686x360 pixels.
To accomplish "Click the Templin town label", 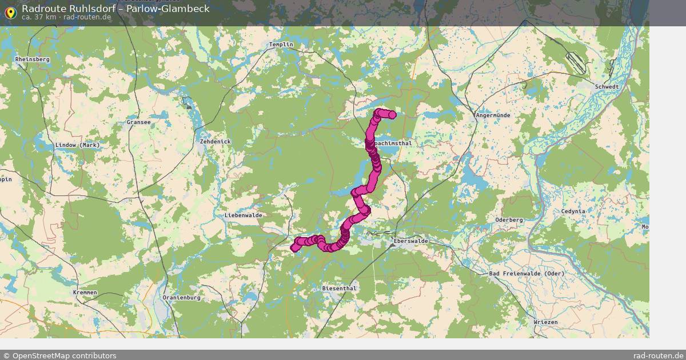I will [x=281, y=45].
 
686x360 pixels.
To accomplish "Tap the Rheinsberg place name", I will [x=33, y=59].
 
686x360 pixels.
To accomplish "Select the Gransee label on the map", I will [x=139, y=122].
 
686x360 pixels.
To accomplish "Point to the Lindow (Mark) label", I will [x=77, y=145].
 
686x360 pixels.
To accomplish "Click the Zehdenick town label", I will [x=215, y=141].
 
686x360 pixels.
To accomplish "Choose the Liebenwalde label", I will [x=244, y=215].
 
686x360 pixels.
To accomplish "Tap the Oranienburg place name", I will [x=181, y=298].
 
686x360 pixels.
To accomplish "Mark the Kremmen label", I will [x=85, y=293].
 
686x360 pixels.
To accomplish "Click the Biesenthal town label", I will [x=339, y=289].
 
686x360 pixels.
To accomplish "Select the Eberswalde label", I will [x=411, y=241].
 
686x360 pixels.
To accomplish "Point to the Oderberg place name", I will [x=509, y=220].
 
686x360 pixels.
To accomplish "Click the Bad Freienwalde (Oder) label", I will [x=527, y=274].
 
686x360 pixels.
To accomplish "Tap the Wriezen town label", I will [x=545, y=322].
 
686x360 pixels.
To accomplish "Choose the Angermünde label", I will [x=493, y=115].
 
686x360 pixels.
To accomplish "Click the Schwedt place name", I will [x=607, y=87].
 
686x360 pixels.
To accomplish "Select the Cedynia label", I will [x=573, y=211].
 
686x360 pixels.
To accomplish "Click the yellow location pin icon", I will [x=10, y=12].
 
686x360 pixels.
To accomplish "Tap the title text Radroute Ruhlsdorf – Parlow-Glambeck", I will [x=115, y=9].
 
